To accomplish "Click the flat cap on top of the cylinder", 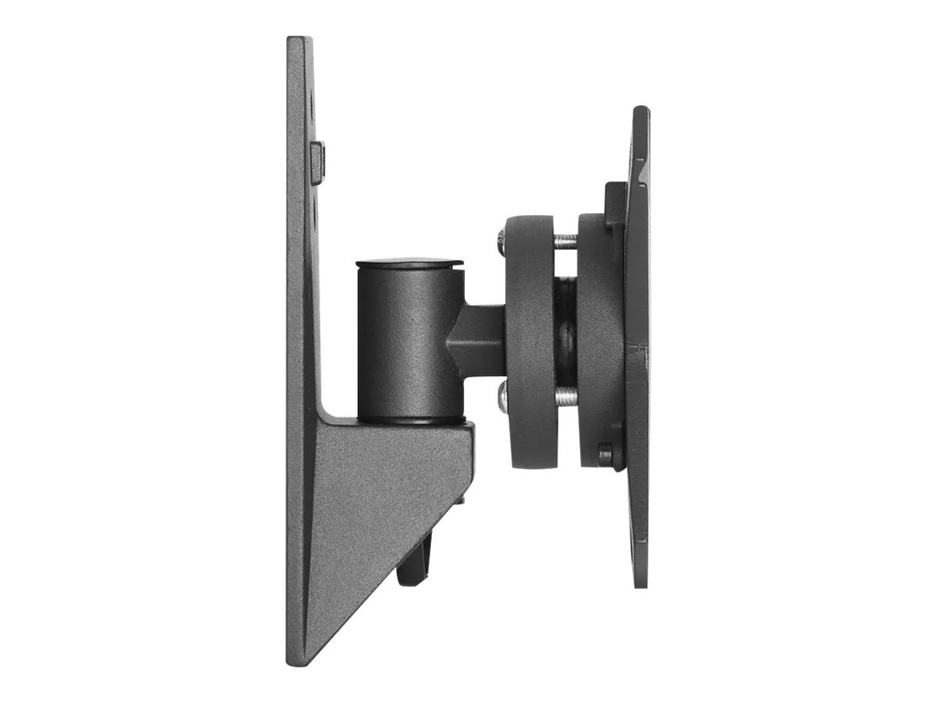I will click(x=409, y=264).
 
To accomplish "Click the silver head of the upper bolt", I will click(x=501, y=243).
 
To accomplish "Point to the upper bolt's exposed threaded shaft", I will click(x=566, y=242).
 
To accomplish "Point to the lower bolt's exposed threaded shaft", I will click(x=566, y=395).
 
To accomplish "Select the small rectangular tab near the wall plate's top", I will click(x=318, y=162).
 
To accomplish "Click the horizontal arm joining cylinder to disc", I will click(x=476, y=339).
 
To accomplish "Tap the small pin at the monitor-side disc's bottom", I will click(x=605, y=454).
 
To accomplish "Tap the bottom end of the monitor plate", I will click(x=640, y=582).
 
